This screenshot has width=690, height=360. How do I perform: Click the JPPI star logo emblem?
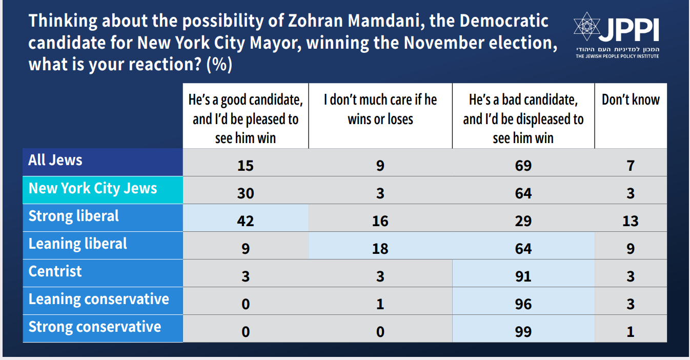click(x=587, y=26)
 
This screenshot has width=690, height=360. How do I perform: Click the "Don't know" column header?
click(x=631, y=100)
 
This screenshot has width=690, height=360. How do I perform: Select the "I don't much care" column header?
click(x=380, y=109)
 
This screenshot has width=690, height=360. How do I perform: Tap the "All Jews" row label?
click(x=55, y=160)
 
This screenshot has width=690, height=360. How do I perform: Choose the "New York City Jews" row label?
click(x=93, y=188)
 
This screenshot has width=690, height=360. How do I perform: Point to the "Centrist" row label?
click(x=55, y=271)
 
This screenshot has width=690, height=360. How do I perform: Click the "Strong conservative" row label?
click(x=94, y=327)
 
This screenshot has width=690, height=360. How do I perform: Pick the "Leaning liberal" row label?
click(x=77, y=244)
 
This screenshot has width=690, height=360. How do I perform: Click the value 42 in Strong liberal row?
click(x=246, y=221)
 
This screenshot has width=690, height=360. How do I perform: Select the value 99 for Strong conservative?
click(x=523, y=332)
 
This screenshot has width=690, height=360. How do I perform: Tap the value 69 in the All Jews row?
click(x=523, y=166)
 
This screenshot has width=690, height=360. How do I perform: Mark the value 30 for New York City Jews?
click(x=246, y=193)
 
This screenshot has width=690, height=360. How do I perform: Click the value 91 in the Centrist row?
click(x=523, y=276)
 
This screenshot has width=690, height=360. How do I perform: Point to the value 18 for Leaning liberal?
click(x=380, y=249)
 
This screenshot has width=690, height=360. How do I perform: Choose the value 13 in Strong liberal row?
click(x=631, y=221)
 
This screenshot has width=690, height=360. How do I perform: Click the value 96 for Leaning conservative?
click(x=523, y=304)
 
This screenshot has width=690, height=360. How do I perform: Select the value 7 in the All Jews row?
click(x=631, y=166)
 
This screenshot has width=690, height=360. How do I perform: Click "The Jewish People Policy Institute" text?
click(x=617, y=56)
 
